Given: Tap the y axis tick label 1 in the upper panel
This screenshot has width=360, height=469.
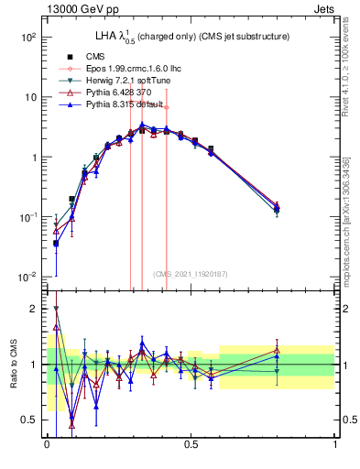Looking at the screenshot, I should (x=32, y=158).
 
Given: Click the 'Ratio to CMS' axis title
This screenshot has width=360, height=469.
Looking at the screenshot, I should (x=13, y=364).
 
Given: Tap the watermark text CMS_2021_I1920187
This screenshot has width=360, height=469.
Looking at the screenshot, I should (x=191, y=274).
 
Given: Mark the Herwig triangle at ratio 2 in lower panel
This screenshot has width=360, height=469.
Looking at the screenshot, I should (x=56, y=310).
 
